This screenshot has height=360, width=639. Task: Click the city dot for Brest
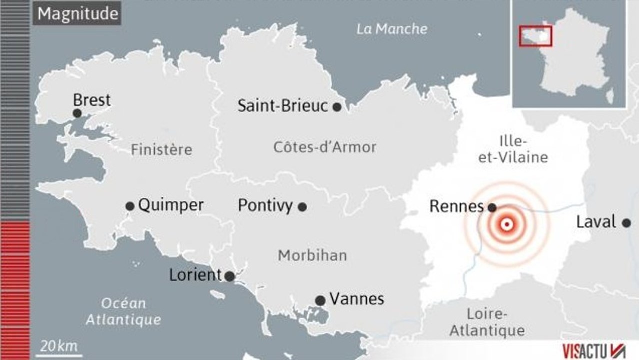click(x=77, y=113)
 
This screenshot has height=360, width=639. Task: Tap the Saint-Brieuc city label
click(x=282, y=106)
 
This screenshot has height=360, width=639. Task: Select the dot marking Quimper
click(x=130, y=206)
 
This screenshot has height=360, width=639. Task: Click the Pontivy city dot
click(x=302, y=206)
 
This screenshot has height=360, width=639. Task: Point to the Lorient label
click(x=195, y=275)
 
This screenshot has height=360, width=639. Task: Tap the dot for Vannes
click(x=320, y=300)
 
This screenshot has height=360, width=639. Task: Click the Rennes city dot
click(x=492, y=207)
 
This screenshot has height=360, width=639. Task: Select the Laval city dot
click(x=626, y=223)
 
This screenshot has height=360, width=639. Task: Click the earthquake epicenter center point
click(x=507, y=225)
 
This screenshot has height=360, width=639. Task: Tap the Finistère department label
click(x=161, y=150)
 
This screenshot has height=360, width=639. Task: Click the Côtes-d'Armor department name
click(x=325, y=147)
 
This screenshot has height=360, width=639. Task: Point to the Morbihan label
click(x=312, y=256)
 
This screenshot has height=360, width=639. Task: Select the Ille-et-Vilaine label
click(x=513, y=149)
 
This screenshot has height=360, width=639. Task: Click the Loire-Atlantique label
click(x=487, y=322)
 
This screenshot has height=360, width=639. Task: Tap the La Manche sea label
click(x=392, y=29)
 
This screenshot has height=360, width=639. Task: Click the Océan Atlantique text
click(x=123, y=311)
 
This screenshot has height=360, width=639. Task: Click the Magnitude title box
click(x=78, y=14)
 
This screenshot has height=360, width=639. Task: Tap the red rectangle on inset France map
click(x=536, y=36)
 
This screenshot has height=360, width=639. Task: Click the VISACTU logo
click(x=593, y=351)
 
